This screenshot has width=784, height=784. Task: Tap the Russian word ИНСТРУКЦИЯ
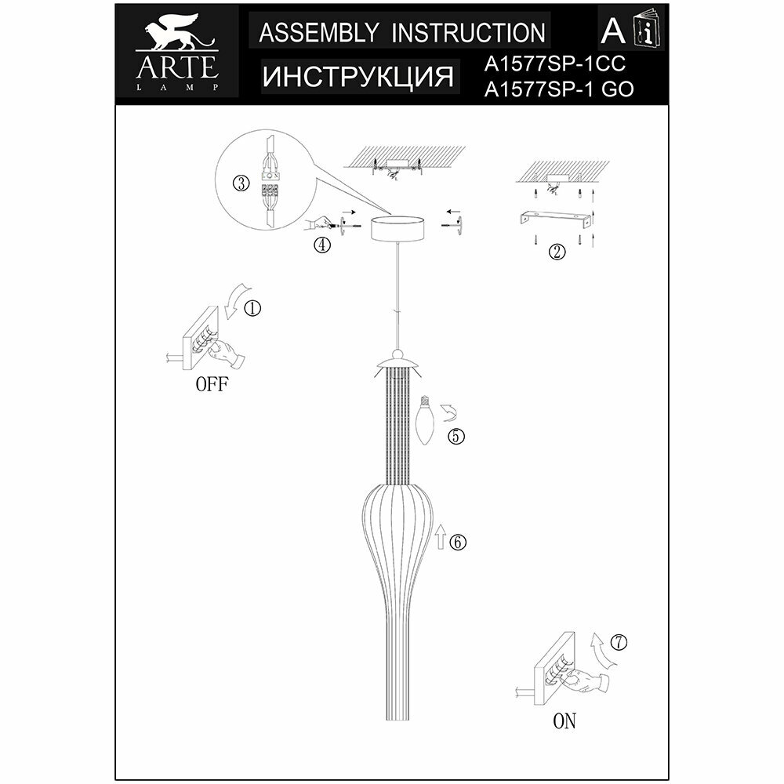point(358,77)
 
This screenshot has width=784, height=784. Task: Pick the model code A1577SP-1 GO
point(560,90)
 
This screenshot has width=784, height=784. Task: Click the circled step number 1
point(252,308)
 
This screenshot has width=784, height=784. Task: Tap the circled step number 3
point(241,183)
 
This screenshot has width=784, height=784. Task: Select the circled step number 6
point(459,541)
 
